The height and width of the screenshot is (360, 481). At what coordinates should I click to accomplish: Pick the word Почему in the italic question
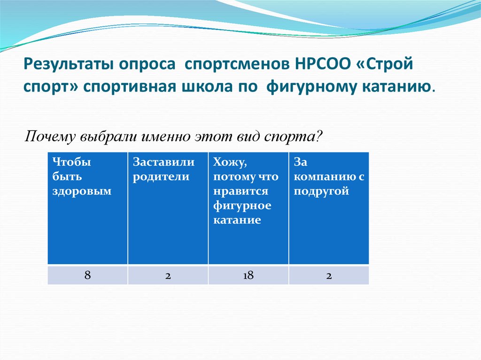click(x=50, y=137)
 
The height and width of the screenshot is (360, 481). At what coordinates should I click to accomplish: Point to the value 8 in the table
click(x=87, y=276)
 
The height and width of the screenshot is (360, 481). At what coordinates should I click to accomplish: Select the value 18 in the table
click(x=248, y=276)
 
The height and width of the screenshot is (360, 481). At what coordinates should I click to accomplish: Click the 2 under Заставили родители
click(x=168, y=276)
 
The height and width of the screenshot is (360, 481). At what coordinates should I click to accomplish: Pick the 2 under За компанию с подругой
click(x=329, y=276)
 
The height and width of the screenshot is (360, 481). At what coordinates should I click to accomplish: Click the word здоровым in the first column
click(x=82, y=191)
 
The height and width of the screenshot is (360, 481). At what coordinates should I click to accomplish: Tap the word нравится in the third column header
click(x=240, y=191)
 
